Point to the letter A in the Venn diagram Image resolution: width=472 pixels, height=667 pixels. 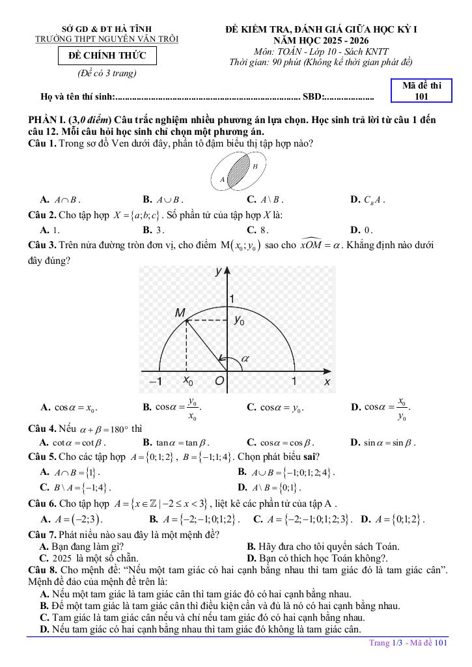(223, 179)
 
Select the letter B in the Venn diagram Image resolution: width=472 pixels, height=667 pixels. (255, 166)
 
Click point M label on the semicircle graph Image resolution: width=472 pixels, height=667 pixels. (180, 313)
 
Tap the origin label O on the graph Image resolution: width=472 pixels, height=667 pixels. (220, 382)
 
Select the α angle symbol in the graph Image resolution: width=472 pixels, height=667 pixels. (245, 358)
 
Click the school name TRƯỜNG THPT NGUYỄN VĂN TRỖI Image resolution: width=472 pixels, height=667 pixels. (107, 40)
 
